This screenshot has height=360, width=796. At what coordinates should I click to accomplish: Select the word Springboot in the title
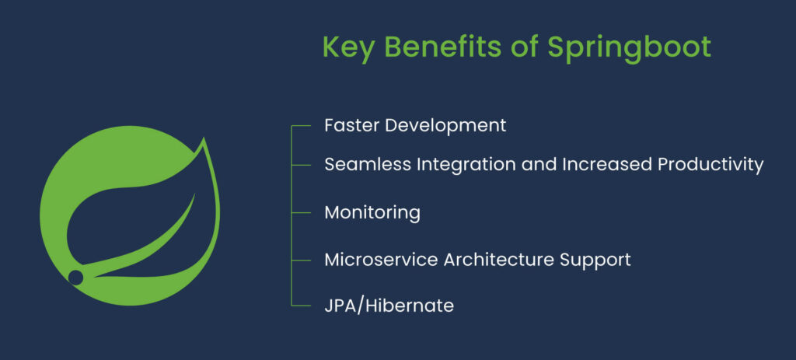point(629,48)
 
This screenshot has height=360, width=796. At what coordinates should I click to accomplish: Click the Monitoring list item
point(372,212)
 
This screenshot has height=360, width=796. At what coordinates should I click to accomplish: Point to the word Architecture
point(497,259)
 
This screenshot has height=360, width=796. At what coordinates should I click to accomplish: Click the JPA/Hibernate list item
point(389,306)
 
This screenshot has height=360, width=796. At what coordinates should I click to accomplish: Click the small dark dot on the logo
point(75,277)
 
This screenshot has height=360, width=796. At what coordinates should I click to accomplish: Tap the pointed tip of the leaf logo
point(204,139)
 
